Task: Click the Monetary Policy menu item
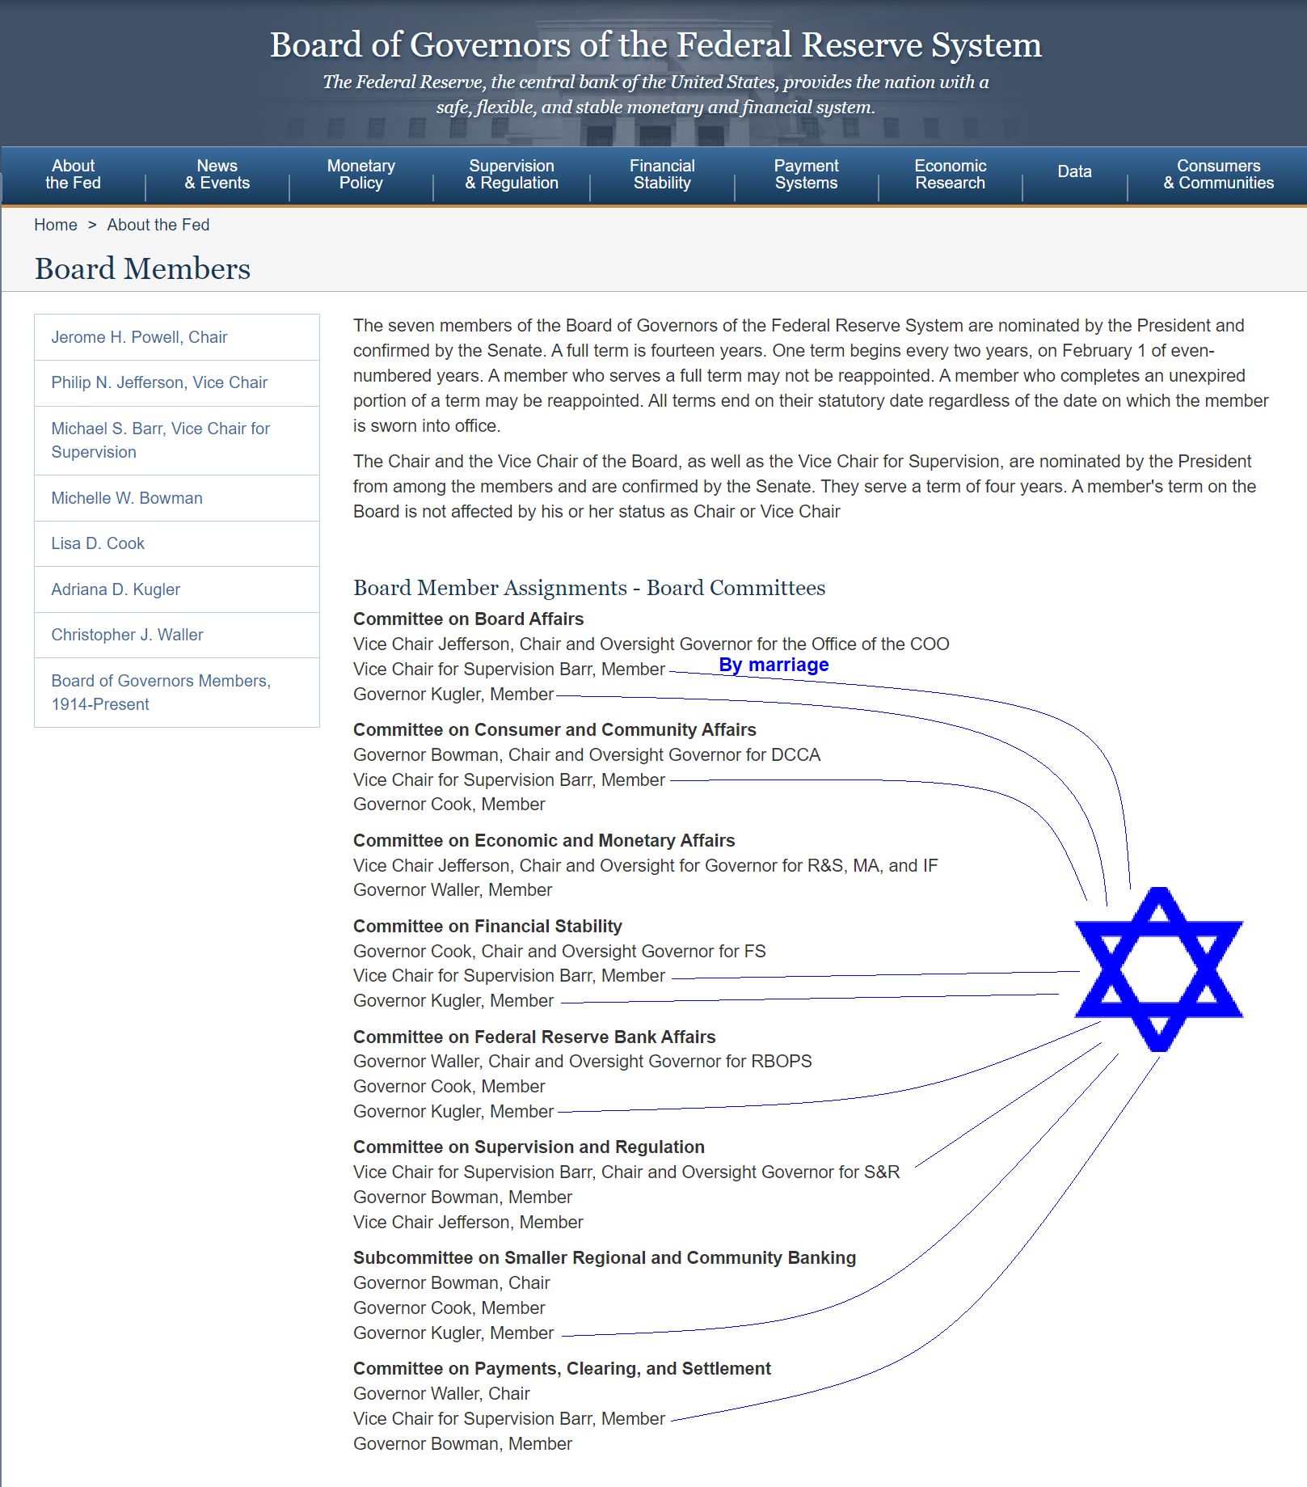pyautogui.click(x=360, y=175)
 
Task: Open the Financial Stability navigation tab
pyautogui.click(x=662, y=175)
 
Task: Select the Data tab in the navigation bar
pyautogui.click(x=1074, y=171)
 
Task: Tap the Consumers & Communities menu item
pyautogui.click(x=1218, y=175)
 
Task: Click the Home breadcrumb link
pyautogui.click(x=56, y=225)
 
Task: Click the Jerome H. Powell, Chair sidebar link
pyautogui.click(x=139, y=337)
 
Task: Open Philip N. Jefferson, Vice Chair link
pyautogui.click(x=159, y=382)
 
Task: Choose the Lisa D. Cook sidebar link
pyautogui.click(x=98, y=543)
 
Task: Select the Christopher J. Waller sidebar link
pyautogui.click(x=127, y=635)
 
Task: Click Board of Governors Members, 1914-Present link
pyautogui.click(x=161, y=692)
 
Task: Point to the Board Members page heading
pyautogui.click(x=142, y=269)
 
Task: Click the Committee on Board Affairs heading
pyautogui.click(x=468, y=619)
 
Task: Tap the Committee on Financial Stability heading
pyautogui.click(x=487, y=926)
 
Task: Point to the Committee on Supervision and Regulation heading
pyautogui.click(x=529, y=1147)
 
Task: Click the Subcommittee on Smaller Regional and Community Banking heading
pyautogui.click(x=604, y=1257)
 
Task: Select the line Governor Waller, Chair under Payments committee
pyautogui.click(x=441, y=1393)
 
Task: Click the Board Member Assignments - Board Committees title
pyautogui.click(x=589, y=588)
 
